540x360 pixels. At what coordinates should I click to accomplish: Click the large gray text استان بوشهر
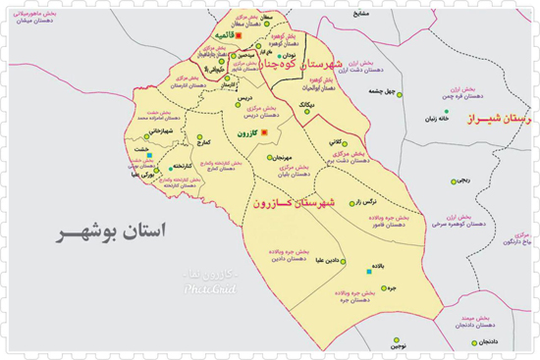(x=108, y=232)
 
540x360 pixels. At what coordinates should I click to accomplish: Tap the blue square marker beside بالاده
(x=369, y=270)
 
